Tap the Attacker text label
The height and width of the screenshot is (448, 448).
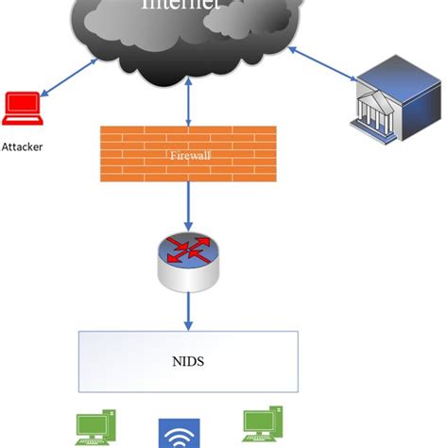(x=22, y=146)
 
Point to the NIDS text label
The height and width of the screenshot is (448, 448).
(x=188, y=359)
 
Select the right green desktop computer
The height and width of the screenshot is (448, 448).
(x=264, y=427)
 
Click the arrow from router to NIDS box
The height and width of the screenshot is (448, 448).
(x=188, y=307)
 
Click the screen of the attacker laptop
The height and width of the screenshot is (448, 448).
(x=20, y=106)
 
